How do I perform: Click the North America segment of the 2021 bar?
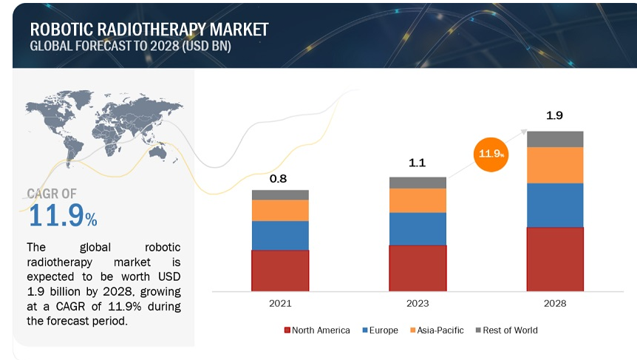click(280, 270)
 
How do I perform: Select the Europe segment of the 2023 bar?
click(418, 228)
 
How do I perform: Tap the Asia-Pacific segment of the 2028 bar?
click(554, 165)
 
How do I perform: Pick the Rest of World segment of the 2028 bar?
click(554, 139)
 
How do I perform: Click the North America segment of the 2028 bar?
click(554, 259)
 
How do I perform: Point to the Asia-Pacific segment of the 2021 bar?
click(280, 210)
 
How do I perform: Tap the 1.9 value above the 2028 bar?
click(554, 117)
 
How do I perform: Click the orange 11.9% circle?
click(491, 154)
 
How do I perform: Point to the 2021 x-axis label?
click(280, 303)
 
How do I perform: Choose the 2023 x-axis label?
click(418, 303)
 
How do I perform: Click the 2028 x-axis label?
click(554, 303)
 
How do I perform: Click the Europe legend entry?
click(380, 330)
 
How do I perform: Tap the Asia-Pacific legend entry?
click(436, 330)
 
